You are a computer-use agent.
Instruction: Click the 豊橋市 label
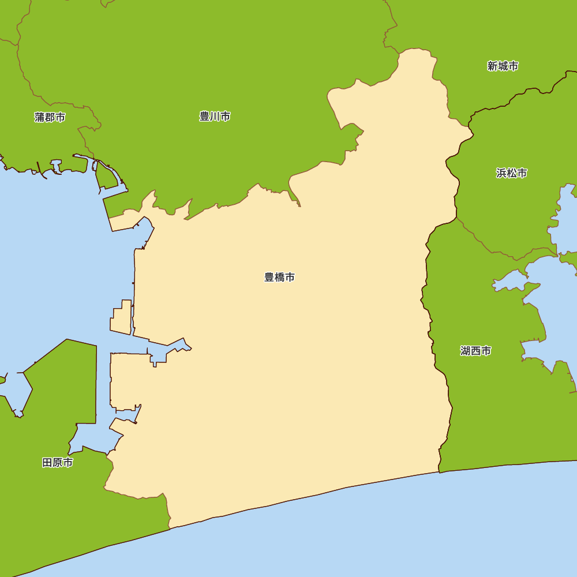pos(280,278)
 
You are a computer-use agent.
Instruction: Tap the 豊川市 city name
pos(215,117)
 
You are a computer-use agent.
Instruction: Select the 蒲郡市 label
pos(50,118)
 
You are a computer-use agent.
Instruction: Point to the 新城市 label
pos(503,66)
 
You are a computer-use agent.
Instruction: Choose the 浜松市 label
pos(511,173)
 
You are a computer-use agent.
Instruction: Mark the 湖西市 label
pos(476,351)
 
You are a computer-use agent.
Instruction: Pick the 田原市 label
pos(58,463)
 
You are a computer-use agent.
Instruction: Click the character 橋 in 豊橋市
pos(280,278)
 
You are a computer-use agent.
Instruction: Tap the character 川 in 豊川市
pos(215,117)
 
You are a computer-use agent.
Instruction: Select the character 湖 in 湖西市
pos(466,351)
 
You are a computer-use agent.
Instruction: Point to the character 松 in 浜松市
pos(511,173)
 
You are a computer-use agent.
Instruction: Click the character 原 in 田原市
pos(58,463)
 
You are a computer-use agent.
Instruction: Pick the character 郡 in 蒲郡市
pos(50,118)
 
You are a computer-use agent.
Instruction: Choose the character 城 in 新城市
pos(503,66)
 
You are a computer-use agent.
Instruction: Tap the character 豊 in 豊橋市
pos(269,278)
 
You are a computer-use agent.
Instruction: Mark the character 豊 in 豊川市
pos(204,117)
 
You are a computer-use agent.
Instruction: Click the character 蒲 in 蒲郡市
pos(39,118)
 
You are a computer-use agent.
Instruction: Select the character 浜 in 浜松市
pos(501,173)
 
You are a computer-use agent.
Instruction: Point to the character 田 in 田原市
pos(47,463)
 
